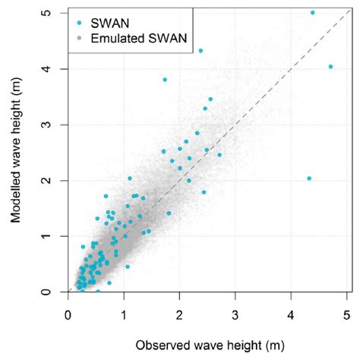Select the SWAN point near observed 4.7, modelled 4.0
click(x=330, y=67)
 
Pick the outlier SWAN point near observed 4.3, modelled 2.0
click(x=309, y=178)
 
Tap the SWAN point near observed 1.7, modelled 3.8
click(x=165, y=80)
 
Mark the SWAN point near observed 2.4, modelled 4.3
click(x=201, y=51)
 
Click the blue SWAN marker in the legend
click(x=80, y=22)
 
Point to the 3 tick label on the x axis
click(x=235, y=312)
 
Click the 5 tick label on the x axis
click(x=347, y=312)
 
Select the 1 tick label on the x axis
click(x=125, y=312)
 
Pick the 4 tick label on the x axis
click(x=292, y=312)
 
